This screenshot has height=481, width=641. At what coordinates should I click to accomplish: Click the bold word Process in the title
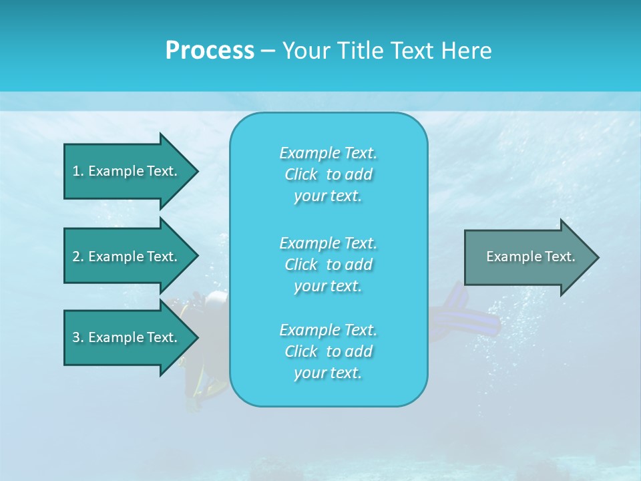tap(210, 51)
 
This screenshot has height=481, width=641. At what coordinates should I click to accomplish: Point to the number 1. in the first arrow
tap(77, 171)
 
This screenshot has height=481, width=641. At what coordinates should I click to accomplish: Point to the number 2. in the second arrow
tap(77, 257)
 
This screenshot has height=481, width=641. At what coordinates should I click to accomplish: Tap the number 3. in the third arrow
tap(77, 337)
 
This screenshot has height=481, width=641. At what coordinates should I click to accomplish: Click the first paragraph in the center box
tap(328, 174)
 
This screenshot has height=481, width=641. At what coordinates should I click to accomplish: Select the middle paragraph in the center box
tap(328, 265)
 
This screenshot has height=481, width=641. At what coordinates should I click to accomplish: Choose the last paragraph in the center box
tap(328, 351)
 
